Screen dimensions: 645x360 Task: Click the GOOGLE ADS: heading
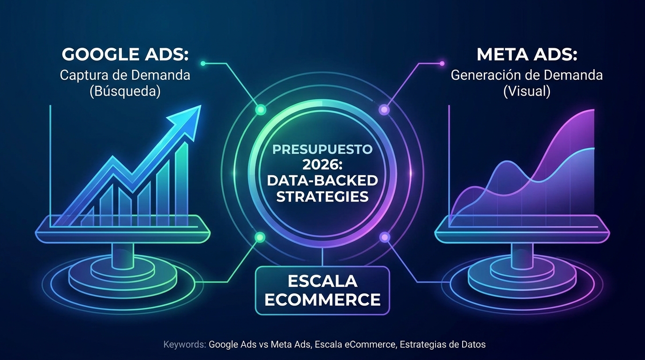(x=125, y=54)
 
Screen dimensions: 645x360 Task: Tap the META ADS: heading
(x=527, y=54)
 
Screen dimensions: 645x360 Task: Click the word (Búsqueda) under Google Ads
(x=125, y=91)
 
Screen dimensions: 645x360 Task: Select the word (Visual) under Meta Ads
(x=527, y=91)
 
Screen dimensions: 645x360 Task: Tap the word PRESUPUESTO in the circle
(x=322, y=150)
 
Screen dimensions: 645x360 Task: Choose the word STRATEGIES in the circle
(x=322, y=197)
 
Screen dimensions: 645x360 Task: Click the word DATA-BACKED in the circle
(x=322, y=181)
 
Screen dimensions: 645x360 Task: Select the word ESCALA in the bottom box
(x=322, y=281)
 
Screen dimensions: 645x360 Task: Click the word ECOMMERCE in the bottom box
(x=322, y=300)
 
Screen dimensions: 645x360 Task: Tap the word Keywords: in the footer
(x=185, y=345)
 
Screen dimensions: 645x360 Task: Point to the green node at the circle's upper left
(x=261, y=110)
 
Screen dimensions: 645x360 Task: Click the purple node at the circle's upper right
(x=384, y=110)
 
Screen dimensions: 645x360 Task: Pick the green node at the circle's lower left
(x=260, y=237)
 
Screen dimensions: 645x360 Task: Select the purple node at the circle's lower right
(x=385, y=237)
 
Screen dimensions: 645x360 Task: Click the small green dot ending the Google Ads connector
(x=203, y=63)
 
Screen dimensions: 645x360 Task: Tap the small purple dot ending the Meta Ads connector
(x=442, y=63)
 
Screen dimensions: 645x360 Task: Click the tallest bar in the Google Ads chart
(x=182, y=184)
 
